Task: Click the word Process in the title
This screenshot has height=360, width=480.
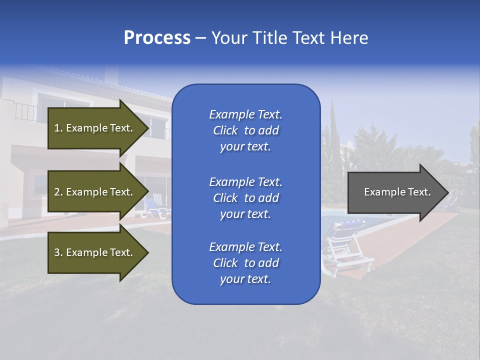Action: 157,38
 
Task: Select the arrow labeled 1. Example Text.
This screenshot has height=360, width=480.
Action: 95,128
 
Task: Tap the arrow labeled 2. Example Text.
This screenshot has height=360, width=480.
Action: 95,192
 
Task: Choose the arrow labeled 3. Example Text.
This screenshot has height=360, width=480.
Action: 95,252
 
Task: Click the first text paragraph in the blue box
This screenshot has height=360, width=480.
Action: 245,130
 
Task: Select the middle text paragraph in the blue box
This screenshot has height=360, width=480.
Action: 245,198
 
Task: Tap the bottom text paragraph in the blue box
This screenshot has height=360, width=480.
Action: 245,263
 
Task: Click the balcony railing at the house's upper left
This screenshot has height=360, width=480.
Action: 25,111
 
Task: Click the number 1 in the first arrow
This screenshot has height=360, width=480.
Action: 56,128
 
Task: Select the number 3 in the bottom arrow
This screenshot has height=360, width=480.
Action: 56,252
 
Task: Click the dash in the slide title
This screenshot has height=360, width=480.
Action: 200,38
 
